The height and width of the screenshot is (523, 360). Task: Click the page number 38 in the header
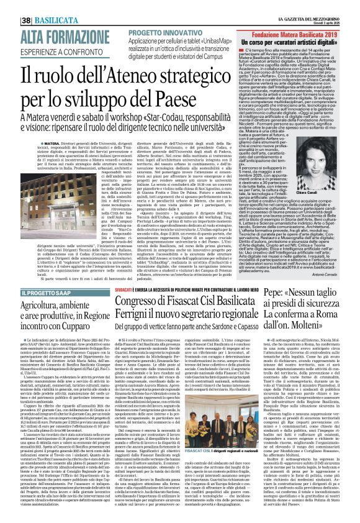click(x=11, y=7)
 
